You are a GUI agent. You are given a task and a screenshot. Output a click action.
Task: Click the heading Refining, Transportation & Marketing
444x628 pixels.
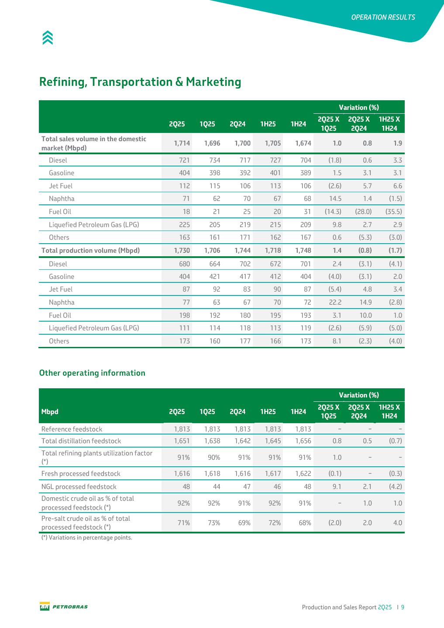[140, 82]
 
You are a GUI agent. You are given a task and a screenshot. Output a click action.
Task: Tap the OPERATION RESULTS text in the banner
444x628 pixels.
[383, 17]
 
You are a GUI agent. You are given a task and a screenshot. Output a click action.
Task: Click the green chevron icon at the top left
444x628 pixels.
[48, 38]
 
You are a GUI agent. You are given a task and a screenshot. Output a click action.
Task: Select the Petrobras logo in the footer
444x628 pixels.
[64, 607]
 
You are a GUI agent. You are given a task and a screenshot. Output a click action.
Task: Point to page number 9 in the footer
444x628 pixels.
[403, 607]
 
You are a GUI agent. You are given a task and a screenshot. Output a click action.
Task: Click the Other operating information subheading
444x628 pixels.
[92, 373]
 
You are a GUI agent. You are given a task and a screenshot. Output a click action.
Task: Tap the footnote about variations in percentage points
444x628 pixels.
[86, 537]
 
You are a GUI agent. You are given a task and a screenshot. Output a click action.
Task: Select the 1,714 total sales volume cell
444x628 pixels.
[182, 143]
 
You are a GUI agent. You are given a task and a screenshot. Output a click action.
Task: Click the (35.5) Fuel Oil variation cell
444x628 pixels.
[393, 211]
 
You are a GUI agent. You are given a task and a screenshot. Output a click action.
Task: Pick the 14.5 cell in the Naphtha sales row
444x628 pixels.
[336, 199]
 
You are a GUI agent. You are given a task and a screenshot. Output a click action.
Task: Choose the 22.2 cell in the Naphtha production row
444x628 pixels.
[336, 302]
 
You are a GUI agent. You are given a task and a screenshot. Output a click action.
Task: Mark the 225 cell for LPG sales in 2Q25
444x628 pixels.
[184, 224]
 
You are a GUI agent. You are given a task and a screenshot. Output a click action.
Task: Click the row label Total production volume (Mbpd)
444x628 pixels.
[90, 250]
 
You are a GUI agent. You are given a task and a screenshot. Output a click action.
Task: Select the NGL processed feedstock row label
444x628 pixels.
[79, 486]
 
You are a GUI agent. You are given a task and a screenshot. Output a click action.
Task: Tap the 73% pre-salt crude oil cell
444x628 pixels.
[214, 523]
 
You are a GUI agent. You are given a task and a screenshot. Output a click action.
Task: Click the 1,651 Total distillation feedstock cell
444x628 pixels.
[182, 441]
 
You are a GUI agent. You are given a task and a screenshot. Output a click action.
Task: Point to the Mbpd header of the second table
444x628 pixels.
[50, 411]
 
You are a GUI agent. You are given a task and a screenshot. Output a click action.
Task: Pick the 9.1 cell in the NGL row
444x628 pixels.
[337, 486]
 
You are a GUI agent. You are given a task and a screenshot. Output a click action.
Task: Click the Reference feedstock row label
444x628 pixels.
[72, 429]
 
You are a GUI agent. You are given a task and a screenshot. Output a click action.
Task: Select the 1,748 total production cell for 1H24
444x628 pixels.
[303, 250]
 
